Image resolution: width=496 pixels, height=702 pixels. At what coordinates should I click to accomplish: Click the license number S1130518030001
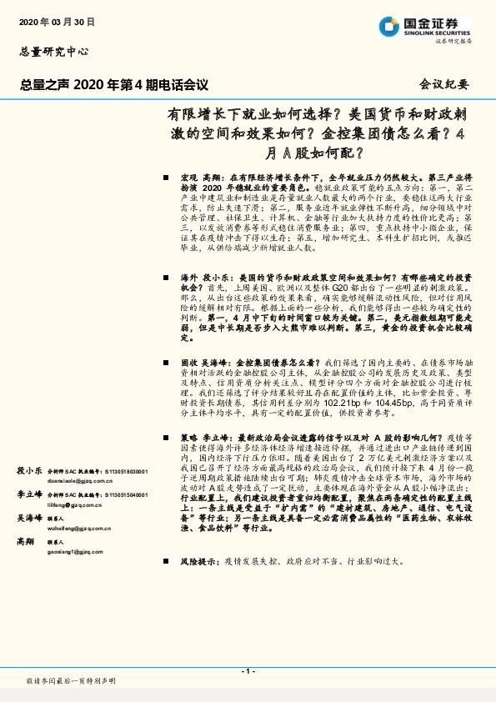coord(126,471)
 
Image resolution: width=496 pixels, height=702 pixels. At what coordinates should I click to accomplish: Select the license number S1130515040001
coord(126,495)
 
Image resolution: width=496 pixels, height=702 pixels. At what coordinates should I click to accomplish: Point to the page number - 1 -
coord(248,670)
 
